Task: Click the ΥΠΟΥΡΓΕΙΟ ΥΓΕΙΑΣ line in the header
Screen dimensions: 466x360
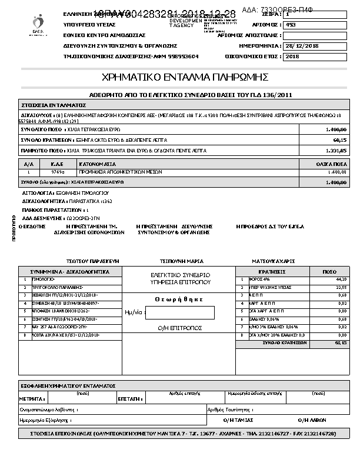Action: tap(89, 25)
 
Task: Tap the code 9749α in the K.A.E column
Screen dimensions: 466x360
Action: tap(58, 172)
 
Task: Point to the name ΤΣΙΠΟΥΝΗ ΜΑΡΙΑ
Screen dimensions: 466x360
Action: tap(182, 259)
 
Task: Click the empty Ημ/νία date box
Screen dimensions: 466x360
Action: tap(179, 312)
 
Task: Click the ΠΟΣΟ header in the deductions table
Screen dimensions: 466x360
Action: tap(329, 272)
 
